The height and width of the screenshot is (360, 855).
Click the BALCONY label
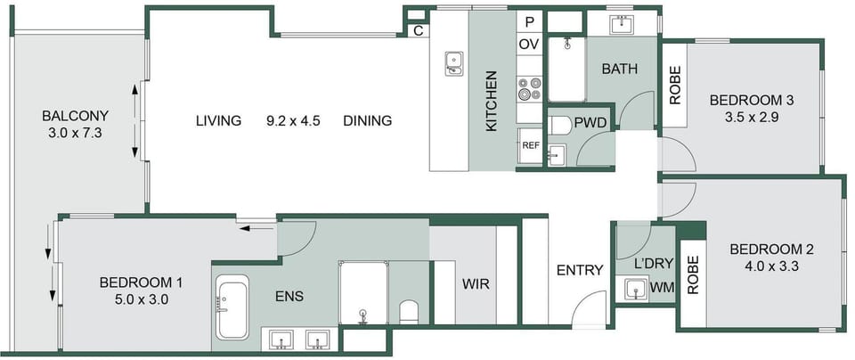[x=75, y=116]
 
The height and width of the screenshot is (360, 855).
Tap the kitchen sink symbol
[x=453, y=63]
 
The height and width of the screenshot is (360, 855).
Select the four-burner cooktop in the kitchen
[x=529, y=88]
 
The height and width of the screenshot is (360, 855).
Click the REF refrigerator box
[x=530, y=145]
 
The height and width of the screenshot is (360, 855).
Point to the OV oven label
[x=529, y=45]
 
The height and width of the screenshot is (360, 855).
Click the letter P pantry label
[x=529, y=22]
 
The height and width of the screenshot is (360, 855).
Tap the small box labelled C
[x=419, y=31]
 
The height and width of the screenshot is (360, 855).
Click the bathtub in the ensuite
[x=232, y=307]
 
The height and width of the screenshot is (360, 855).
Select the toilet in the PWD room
[x=558, y=125]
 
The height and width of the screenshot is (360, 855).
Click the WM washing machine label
[x=662, y=287]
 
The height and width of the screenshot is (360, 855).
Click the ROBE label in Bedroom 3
[x=675, y=85]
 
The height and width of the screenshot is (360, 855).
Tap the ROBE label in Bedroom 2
[x=693, y=275]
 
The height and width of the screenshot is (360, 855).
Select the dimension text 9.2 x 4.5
[x=293, y=120]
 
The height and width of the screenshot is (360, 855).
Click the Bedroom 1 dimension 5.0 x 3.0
[x=141, y=299]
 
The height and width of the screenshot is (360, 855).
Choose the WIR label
[x=476, y=284]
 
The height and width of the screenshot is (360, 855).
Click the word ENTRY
[x=580, y=269]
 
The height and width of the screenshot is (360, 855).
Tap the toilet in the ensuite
[x=409, y=312]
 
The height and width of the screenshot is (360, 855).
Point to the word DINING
[x=368, y=120]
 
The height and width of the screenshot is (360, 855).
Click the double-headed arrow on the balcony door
[x=135, y=120]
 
